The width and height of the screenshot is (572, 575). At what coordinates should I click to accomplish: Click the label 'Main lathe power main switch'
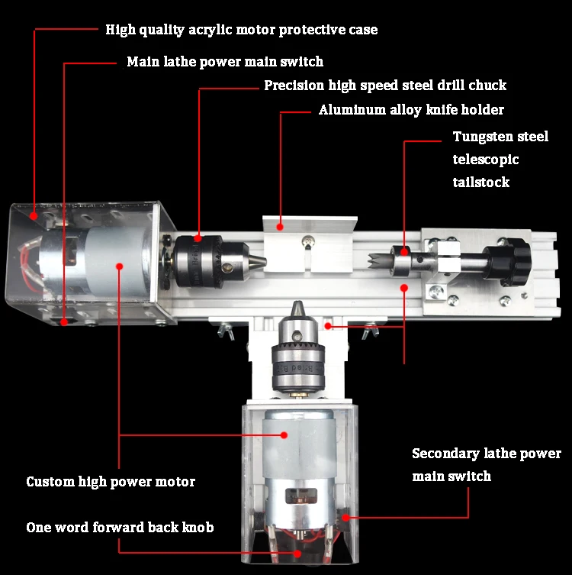[x=225, y=62]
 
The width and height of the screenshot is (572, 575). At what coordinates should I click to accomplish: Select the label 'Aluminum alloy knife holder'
[x=411, y=110]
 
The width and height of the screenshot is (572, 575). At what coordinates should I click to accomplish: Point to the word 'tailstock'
[x=480, y=182]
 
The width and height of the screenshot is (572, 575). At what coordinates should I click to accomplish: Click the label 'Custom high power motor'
[x=111, y=482]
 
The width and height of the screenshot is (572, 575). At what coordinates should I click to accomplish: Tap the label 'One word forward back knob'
[x=120, y=528]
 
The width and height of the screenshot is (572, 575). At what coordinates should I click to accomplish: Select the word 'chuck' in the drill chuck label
[x=487, y=86]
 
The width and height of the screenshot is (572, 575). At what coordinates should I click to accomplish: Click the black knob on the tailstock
[x=508, y=261]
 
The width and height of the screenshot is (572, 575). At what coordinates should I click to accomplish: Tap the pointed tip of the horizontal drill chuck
[x=265, y=262]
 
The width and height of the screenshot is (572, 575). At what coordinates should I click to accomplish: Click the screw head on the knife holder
[x=307, y=241]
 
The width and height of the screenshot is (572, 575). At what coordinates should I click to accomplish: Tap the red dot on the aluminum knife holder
[x=280, y=228]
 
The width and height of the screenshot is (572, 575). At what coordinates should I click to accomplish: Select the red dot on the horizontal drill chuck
[x=198, y=238]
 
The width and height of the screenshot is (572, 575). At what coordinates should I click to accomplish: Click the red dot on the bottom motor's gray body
[x=284, y=435]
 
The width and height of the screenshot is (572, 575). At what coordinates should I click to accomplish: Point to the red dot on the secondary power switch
[x=345, y=518]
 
